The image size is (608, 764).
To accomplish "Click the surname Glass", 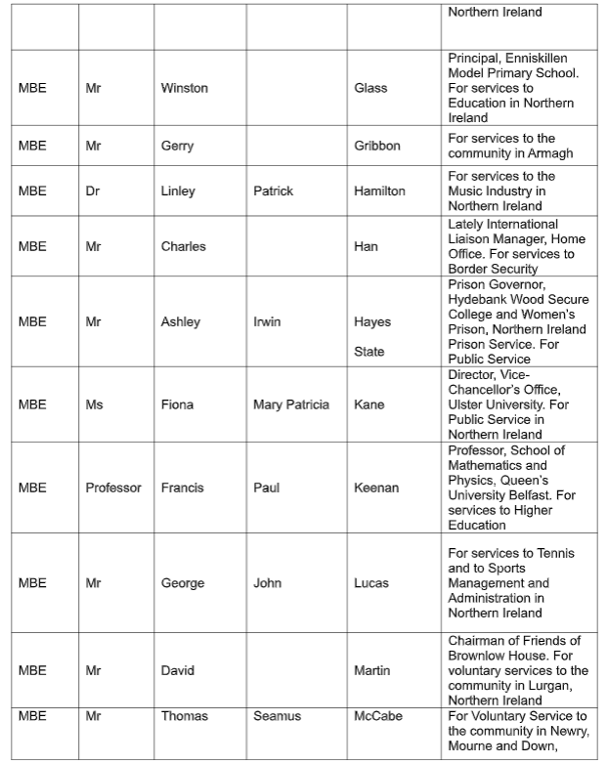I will tap(370, 88).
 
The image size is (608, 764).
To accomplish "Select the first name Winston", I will tap(185, 88).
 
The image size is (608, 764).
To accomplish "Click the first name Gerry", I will tap(177, 146).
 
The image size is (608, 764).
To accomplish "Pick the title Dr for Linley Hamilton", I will tap(93, 191).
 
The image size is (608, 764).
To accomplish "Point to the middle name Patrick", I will tap(273, 191).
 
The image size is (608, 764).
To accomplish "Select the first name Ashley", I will tap(181, 321).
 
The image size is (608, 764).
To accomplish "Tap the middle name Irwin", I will tap(267, 321).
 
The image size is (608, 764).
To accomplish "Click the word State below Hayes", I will tap(369, 352).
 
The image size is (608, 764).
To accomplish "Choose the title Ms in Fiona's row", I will tap(94, 404).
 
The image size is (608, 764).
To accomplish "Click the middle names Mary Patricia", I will tap(291, 404).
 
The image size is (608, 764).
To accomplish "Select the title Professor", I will tap(113, 488).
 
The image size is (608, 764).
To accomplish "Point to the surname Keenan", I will tap(376, 488).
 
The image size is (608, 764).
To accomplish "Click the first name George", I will tap(183, 583).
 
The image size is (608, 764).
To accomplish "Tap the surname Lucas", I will tap(371, 583).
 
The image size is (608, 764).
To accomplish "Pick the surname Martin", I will tap(371, 670).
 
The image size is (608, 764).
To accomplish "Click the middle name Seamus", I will tap(278, 716).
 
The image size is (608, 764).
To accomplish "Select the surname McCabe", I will tap(378, 716).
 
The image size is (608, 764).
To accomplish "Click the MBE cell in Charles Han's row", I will tap(32, 246).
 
